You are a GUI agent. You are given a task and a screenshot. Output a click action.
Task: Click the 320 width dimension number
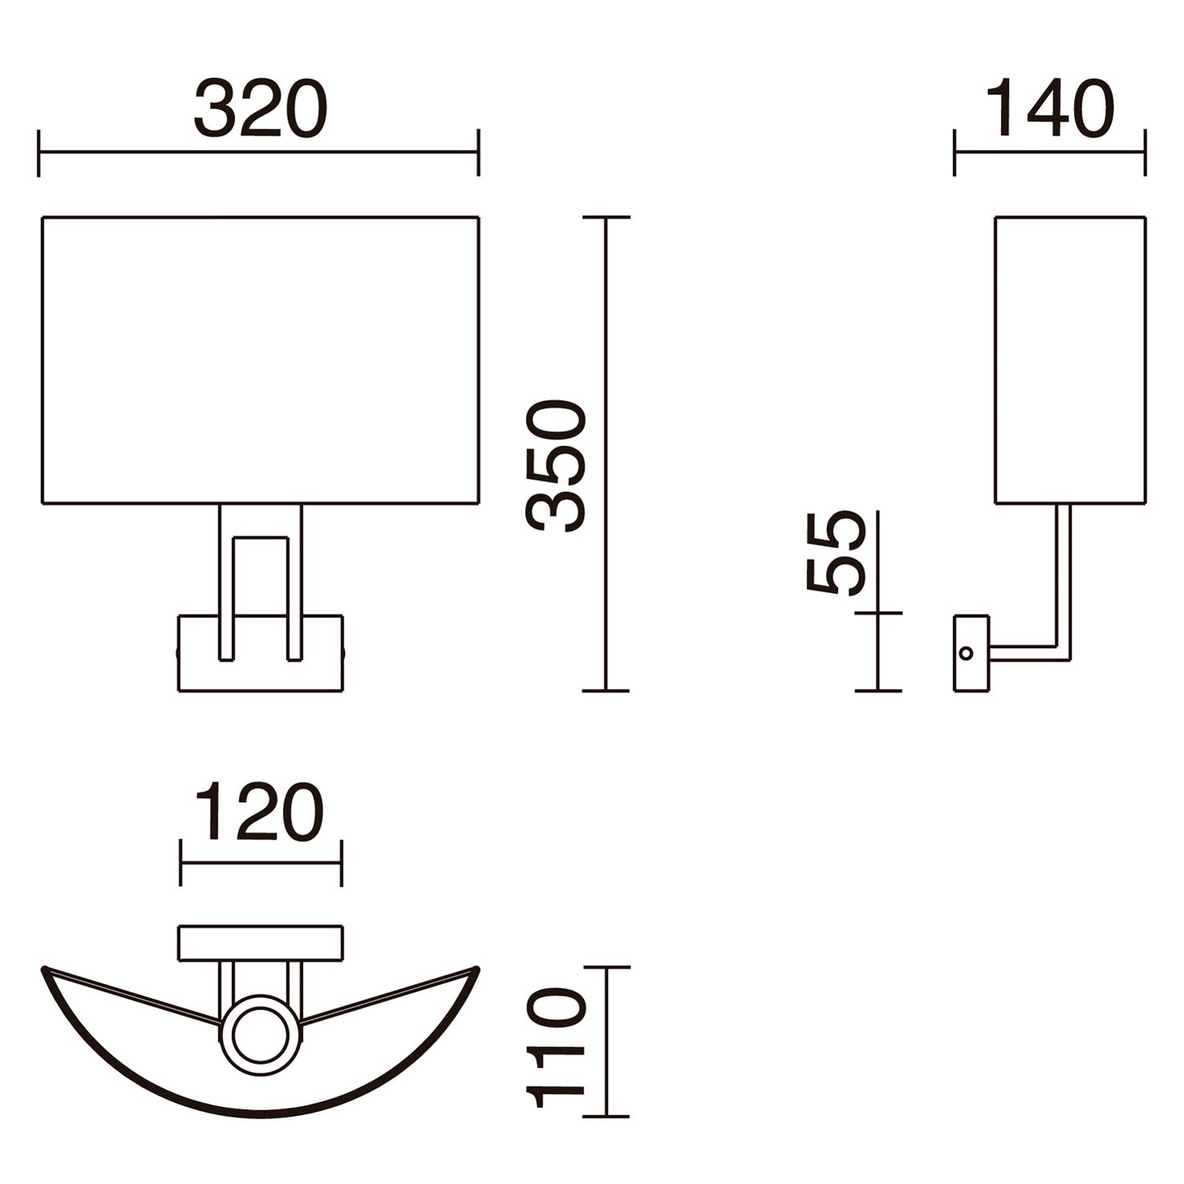click(x=261, y=109)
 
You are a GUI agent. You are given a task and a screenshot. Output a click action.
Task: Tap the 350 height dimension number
click(x=557, y=465)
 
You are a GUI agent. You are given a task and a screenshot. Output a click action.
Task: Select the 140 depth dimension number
click(x=1049, y=109)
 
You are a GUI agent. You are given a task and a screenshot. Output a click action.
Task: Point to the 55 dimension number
click(x=836, y=553)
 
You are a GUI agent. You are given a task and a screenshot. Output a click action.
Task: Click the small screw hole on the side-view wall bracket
click(x=966, y=653)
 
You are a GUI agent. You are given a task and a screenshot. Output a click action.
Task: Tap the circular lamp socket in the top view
click(x=261, y=1034)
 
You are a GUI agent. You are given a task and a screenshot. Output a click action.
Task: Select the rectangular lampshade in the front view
click(x=261, y=361)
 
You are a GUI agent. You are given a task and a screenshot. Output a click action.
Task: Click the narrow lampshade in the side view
click(x=1070, y=361)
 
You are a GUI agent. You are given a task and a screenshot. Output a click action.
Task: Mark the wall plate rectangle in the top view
click(x=261, y=943)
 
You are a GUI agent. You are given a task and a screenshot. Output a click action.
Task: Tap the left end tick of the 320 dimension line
click(x=39, y=152)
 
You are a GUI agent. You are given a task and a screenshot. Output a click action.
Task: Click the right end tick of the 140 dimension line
click(x=1145, y=152)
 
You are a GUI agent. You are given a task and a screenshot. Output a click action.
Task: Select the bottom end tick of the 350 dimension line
click(x=606, y=691)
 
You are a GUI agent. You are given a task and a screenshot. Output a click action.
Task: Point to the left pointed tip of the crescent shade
click(x=44, y=969)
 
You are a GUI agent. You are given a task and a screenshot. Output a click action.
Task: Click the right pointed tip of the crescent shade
click(x=477, y=969)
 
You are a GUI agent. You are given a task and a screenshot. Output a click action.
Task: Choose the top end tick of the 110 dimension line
click(x=606, y=968)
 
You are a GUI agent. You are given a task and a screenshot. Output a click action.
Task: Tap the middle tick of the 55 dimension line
click(x=878, y=613)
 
